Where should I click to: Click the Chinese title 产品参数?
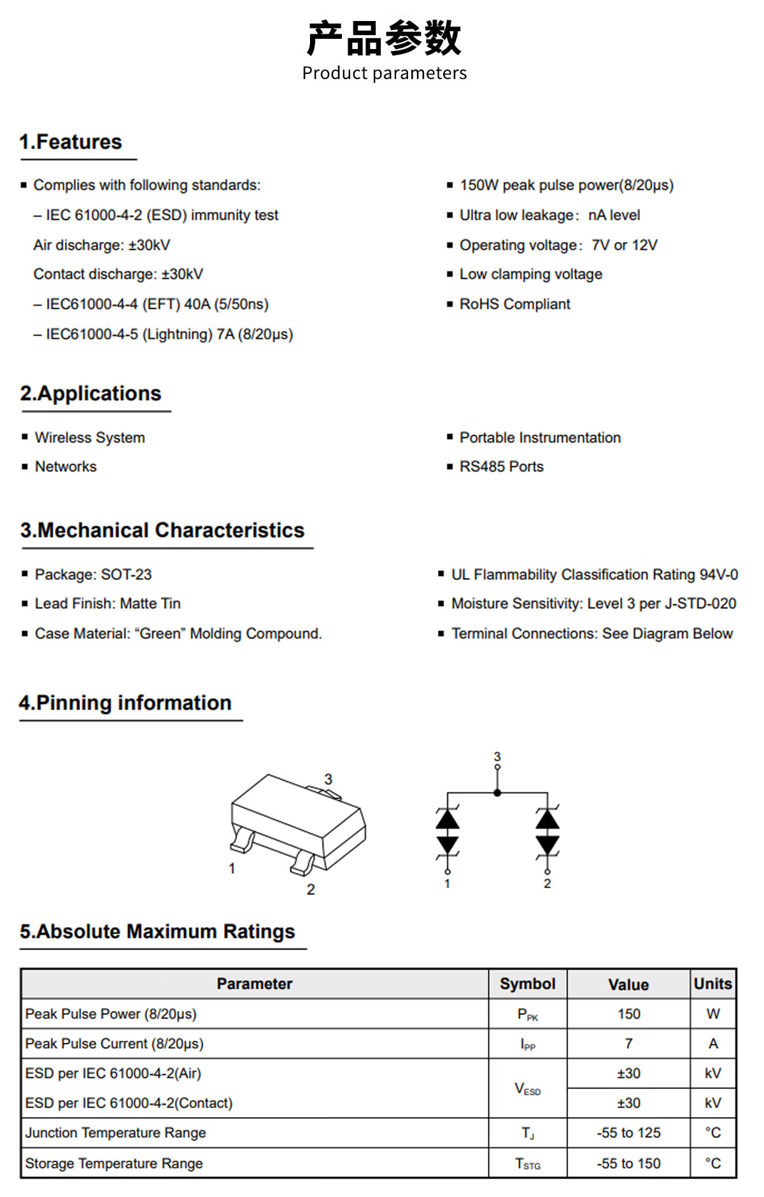click(384, 38)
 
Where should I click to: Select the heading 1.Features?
click(71, 142)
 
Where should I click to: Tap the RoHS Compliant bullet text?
click(514, 304)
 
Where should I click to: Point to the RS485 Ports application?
click(501, 467)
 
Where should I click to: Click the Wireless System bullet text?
click(90, 438)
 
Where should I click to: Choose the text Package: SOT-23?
click(93, 574)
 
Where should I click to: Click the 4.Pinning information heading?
click(125, 703)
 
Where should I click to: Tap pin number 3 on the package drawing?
click(329, 779)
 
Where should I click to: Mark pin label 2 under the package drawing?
click(311, 889)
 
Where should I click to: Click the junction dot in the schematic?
click(497, 793)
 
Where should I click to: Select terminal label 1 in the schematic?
click(448, 884)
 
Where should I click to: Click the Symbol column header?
click(527, 984)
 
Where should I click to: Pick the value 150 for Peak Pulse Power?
click(628, 1014)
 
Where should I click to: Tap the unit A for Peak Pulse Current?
click(713, 1044)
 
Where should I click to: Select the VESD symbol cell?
click(527, 1089)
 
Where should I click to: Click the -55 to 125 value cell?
click(628, 1133)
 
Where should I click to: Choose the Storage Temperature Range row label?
click(114, 1164)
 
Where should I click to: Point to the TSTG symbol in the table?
click(527, 1164)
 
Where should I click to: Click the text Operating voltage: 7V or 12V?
click(558, 245)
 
